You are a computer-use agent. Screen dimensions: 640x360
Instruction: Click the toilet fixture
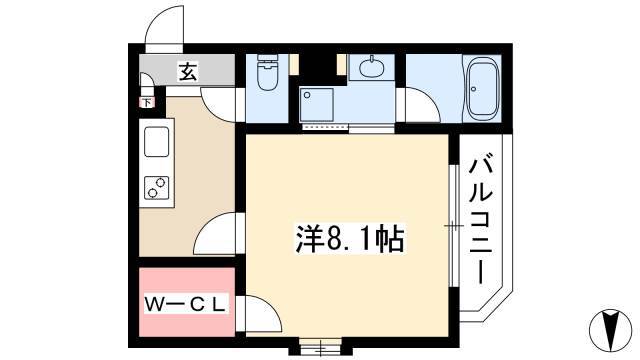(267, 73)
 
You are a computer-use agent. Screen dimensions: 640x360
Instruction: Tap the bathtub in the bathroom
(482, 88)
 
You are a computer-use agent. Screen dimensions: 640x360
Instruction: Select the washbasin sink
(371, 67)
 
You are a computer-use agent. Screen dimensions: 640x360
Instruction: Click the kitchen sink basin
(156, 141)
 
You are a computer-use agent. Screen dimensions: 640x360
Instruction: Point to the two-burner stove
(157, 188)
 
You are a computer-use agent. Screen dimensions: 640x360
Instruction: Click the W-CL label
(185, 304)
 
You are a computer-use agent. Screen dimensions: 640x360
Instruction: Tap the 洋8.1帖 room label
(349, 239)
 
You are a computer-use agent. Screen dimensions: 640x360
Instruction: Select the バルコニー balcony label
(481, 218)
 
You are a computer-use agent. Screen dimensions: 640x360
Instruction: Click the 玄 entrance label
(188, 71)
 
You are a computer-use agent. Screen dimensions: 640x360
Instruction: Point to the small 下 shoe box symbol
(147, 102)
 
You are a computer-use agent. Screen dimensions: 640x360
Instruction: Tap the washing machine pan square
(317, 104)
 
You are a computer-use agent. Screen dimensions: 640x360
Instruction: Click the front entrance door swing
(165, 28)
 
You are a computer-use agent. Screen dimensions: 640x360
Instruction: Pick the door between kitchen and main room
(215, 234)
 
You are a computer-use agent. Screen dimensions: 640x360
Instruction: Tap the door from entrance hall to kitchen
(219, 105)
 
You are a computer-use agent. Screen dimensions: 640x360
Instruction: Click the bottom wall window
(320, 347)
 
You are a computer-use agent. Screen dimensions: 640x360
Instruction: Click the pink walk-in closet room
(187, 302)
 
